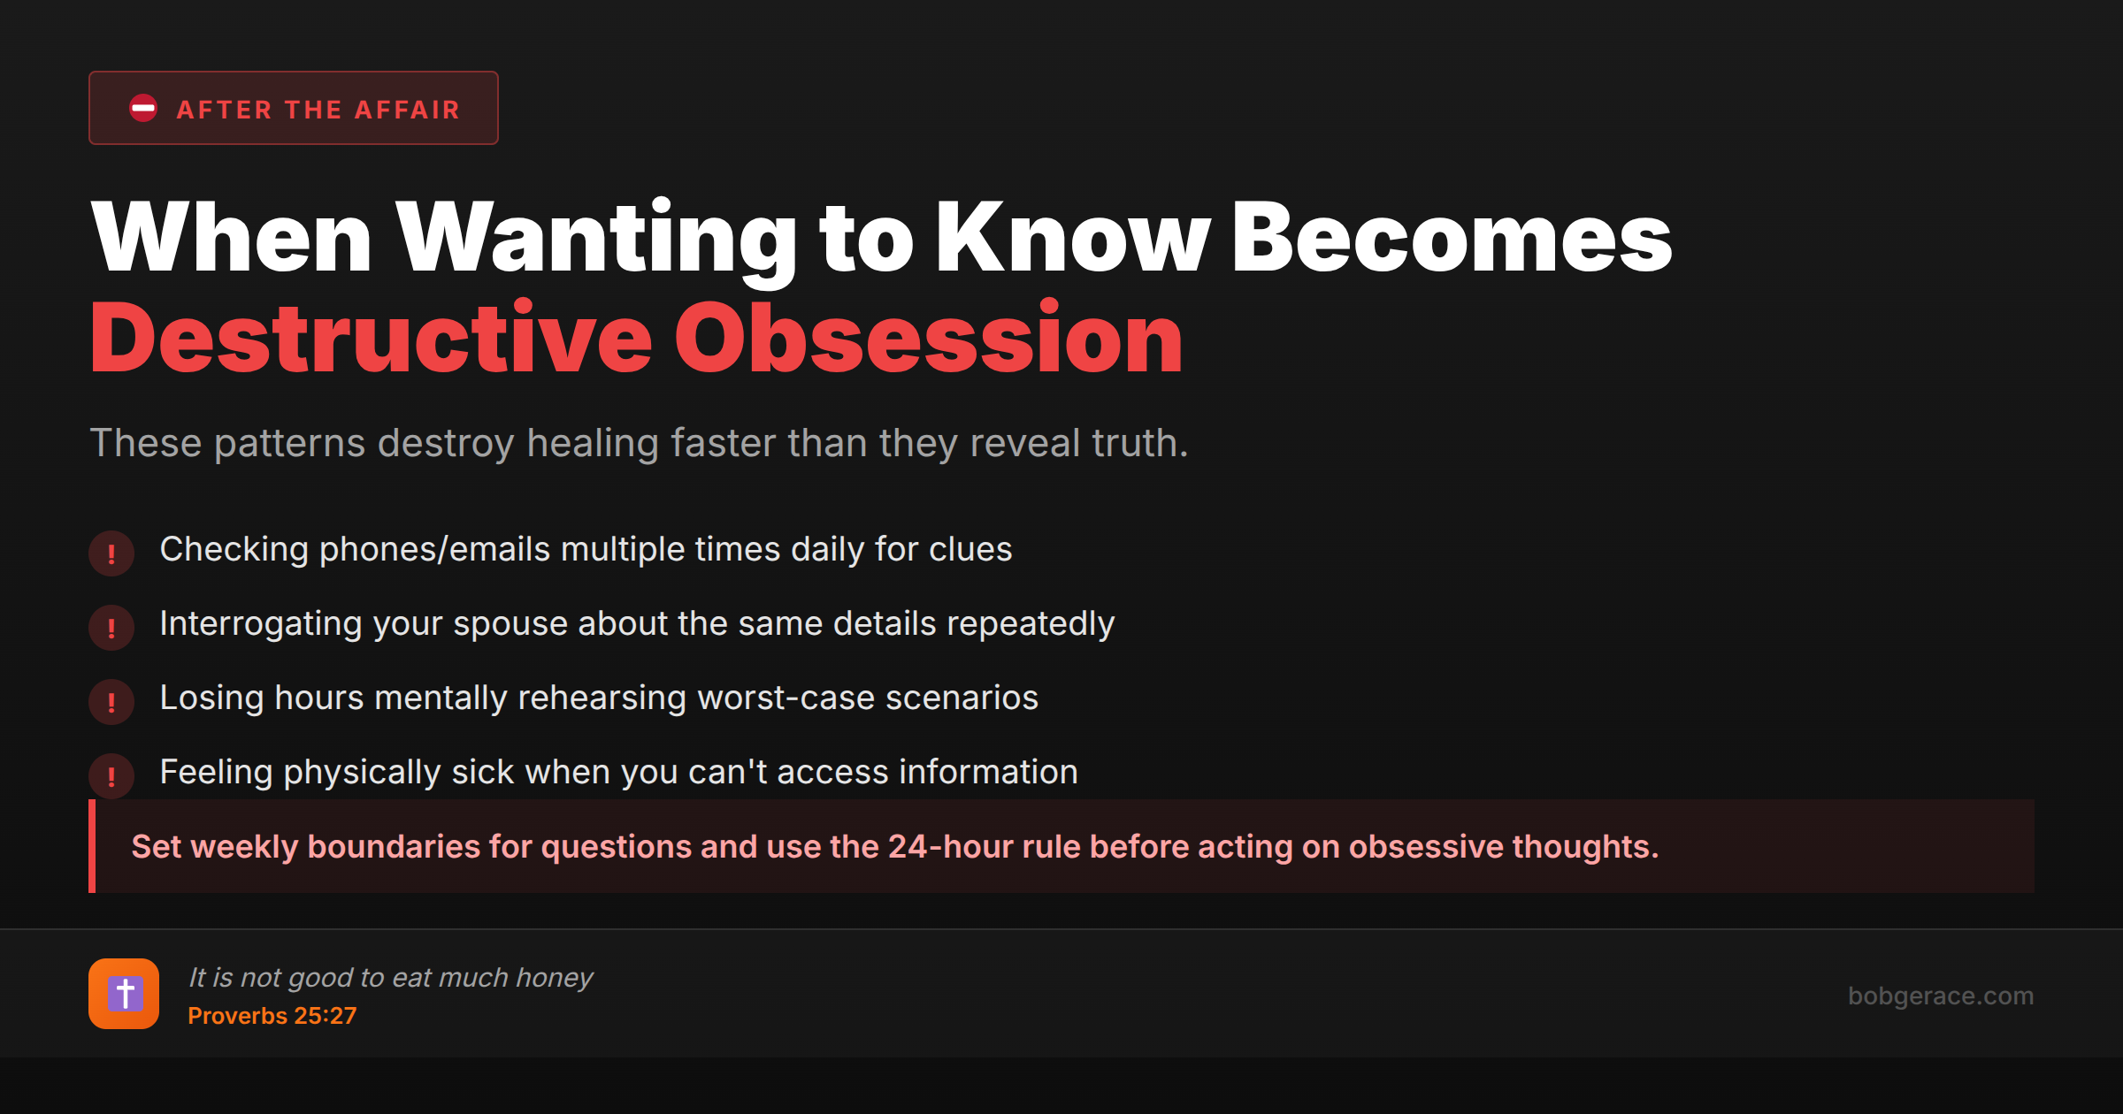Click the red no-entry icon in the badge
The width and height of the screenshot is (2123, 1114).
coord(143,108)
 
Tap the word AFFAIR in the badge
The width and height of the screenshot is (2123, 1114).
coord(407,110)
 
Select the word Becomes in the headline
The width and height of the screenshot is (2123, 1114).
coord(1452,237)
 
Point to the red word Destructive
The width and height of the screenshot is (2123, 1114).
coord(372,339)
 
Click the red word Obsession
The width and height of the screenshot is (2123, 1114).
coord(929,339)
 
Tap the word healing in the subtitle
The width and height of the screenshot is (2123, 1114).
coord(593,444)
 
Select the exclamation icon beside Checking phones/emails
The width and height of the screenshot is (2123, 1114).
coord(111,553)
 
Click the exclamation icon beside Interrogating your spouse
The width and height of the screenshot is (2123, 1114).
coord(111,628)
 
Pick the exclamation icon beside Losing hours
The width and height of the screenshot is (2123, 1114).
coord(111,702)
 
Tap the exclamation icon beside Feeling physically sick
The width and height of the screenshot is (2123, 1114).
coord(111,776)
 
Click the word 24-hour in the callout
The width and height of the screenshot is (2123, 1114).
coord(944,847)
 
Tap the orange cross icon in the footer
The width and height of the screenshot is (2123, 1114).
coord(124,994)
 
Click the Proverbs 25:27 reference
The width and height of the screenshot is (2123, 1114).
coord(272,1016)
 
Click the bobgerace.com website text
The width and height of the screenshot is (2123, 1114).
coord(1941,996)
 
